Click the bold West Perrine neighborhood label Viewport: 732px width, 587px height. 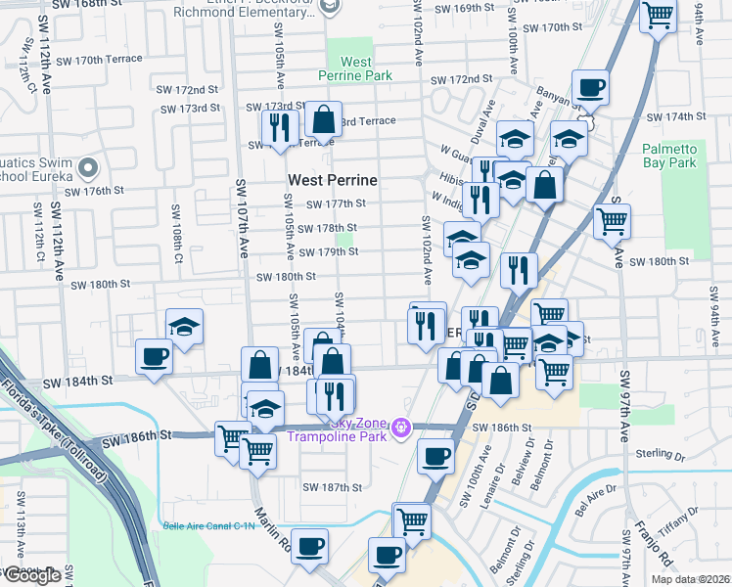coord(333,180)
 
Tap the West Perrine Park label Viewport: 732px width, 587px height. coord(355,68)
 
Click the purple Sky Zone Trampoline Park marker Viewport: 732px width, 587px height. coord(399,427)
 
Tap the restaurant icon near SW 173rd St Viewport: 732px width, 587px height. coord(280,127)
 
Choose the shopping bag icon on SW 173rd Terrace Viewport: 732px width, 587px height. coord(323,120)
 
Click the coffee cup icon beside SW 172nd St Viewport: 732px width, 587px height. coord(591,87)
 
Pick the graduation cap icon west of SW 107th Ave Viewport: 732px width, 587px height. coord(183,328)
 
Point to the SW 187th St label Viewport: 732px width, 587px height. coord(333,487)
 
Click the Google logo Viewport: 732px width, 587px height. coord(31,575)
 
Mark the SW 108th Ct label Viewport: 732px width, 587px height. coord(177,226)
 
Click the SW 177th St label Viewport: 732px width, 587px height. coord(335,203)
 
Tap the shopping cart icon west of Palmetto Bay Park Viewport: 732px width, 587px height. coord(612,221)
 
